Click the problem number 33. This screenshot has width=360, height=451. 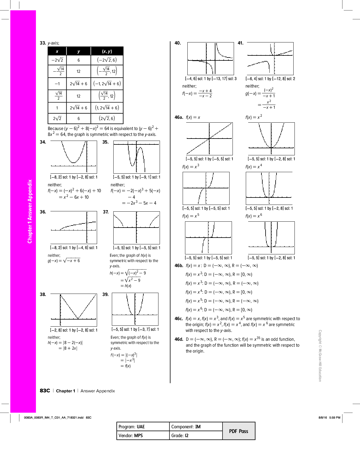click(43, 43)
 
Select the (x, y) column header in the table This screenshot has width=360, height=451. click(107, 51)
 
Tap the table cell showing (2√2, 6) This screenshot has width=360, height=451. click(107, 118)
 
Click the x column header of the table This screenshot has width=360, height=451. click(57, 51)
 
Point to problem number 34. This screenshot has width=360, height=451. click(43, 142)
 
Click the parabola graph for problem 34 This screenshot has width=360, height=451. click(74, 157)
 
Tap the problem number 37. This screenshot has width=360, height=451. click(106, 212)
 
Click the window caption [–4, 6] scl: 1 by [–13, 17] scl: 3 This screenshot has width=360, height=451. click(211, 79)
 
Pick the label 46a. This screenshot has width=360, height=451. click(179, 117)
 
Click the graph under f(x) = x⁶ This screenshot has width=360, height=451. click(271, 238)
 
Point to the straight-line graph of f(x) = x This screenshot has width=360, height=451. click(210, 139)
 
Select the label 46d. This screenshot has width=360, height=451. click(179, 339)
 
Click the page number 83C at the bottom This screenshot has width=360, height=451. click(45, 391)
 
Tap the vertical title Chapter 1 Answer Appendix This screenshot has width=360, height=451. click(30, 211)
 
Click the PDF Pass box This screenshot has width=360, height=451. click(239, 431)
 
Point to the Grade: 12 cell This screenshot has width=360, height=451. click(196, 435)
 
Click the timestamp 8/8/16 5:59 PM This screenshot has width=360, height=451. click(329, 417)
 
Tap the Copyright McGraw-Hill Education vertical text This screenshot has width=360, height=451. click(320, 355)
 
